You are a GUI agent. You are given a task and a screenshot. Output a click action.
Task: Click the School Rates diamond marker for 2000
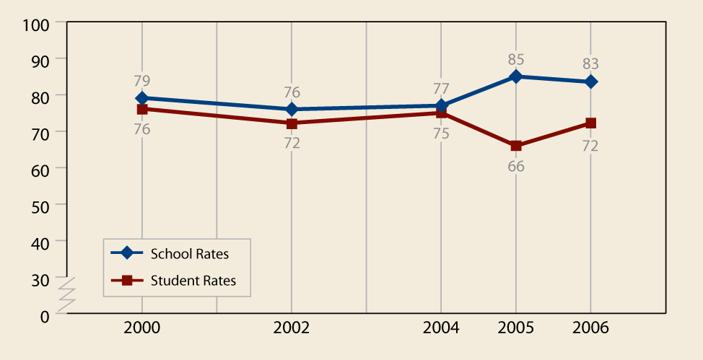[x=142, y=98]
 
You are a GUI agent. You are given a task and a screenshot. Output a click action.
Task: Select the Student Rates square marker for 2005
[x=516, y=146]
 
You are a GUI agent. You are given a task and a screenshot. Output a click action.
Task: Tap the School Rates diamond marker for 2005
[x=516, y=76]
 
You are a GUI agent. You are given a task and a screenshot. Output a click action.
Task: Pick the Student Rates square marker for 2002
[x=292, y=123]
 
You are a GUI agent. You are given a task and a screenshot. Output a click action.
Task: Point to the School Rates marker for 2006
[x=591, y=82]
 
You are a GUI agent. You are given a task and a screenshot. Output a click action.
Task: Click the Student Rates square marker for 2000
[x=142, y=109]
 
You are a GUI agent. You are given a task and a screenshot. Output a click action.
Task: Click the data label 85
[x=516, y=59]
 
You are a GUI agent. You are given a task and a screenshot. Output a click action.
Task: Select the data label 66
[x=516, y=167]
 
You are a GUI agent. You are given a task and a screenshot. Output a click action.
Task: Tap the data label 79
[x=142, y=81]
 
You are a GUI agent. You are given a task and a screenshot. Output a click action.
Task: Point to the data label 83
[x=591, y=63]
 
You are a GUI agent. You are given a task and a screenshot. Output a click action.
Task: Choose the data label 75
[x=441, y=133]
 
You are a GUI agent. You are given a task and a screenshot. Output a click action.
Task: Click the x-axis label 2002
[x=292, y=328]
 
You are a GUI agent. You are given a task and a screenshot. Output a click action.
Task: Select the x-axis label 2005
[x=516, y=328]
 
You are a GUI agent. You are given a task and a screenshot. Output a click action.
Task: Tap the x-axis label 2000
[x=142, y=328]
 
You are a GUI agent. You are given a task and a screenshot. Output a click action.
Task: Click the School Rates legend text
[x=190, y=253]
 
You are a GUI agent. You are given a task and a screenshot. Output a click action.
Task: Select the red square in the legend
[x=127, y=281]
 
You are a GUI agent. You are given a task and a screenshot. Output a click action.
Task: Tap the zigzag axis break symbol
[x=66, y=294]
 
